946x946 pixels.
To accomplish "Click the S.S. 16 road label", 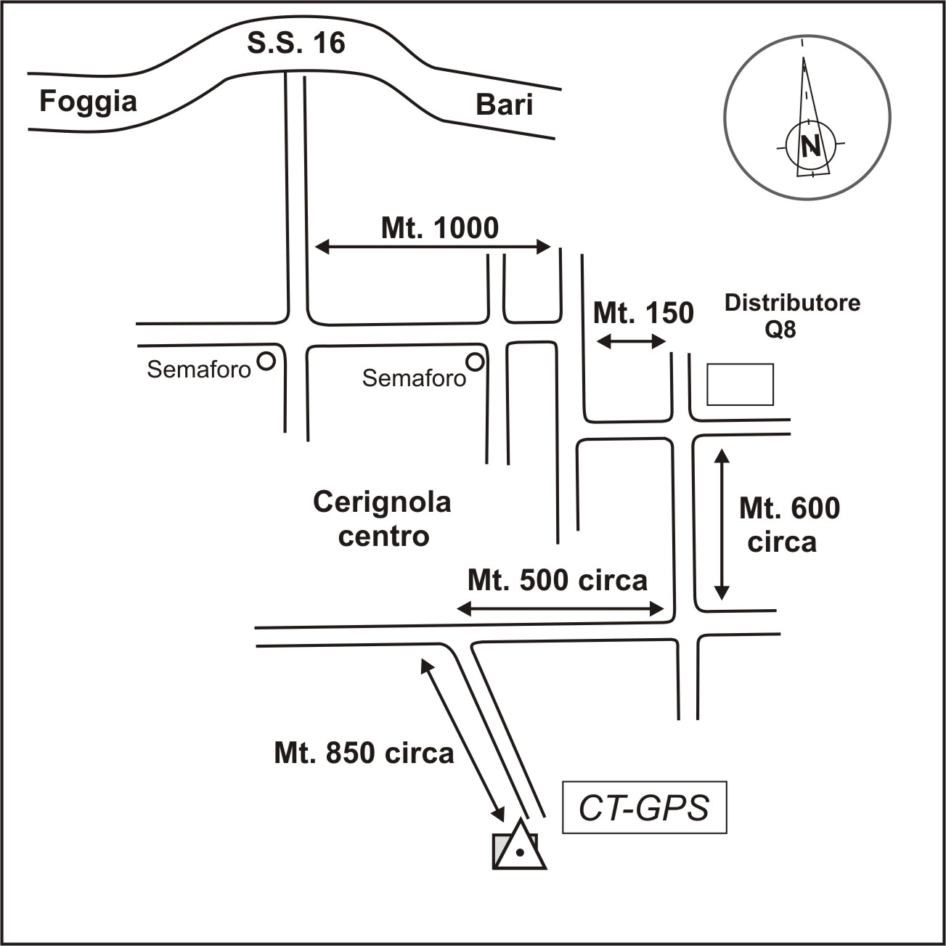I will click(x=296, y=44).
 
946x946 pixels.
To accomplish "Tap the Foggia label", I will click(x=88, y=101).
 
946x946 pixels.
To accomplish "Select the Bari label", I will click(x=504, y=105).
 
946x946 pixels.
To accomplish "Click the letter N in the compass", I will click(x=811, y=147).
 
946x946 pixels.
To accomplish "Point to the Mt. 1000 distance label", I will click(x=440, y=228).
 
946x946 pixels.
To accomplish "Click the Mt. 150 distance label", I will click(x=643, y=313).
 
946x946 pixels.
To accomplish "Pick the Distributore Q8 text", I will click(x=792, y=315).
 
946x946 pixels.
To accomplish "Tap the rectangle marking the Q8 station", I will click(x=741, y=385).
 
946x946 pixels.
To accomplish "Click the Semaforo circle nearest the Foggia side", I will click(x=267, y=361).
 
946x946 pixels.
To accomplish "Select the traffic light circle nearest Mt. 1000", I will click(x=475, y=361).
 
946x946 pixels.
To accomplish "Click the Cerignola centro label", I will click(x=383, y=518).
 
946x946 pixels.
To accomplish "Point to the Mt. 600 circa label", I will click(x=788, y=524).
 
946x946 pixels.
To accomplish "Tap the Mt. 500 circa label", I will click(x=557, y=581).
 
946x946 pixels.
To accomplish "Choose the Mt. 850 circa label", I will click(x=364, y=753).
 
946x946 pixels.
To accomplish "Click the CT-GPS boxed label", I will click(x=644, y=808).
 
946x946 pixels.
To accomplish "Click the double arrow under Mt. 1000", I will click(x=433, y=248).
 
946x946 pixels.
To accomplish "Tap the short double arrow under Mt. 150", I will click(x=631, y=341).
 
